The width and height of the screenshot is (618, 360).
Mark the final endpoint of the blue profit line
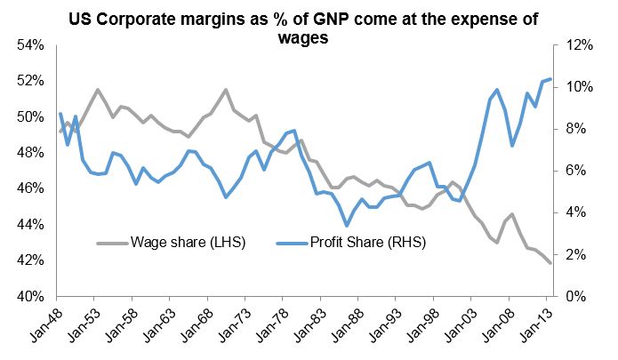550,79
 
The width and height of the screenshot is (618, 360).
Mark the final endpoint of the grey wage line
550,263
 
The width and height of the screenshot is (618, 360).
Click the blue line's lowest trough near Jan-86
346,226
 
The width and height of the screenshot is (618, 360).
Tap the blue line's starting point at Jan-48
60,114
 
